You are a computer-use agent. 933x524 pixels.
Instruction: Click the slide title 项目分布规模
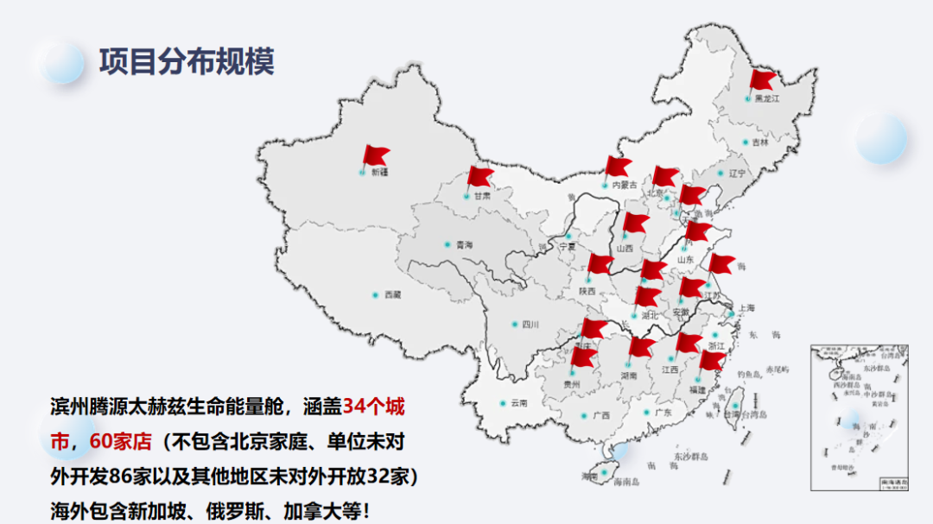(x=187, y=62)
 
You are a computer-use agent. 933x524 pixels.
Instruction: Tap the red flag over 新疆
(x=376, y=156)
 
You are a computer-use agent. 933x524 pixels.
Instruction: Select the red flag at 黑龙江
(x=763, y=79)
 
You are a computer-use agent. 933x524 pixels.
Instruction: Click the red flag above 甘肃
(x=479, y=177)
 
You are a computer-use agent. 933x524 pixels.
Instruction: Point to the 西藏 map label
(x=392, y=295)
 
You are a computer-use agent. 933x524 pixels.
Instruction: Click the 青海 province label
(x=464, y=245)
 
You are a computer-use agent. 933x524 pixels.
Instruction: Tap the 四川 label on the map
(x=530, y=325)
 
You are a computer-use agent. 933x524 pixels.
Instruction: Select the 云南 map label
(x=518, y=403)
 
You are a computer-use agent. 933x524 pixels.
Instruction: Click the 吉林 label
(x=759, y=142)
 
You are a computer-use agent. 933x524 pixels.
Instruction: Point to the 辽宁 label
(x=736, y=174)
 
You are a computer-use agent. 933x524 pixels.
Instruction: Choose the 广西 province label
(x=601, y=415)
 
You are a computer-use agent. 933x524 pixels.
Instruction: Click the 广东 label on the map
(x=663, y=413)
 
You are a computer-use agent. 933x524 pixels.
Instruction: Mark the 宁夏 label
(x=568, y=246)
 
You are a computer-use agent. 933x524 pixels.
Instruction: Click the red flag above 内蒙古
(x=619, y=166)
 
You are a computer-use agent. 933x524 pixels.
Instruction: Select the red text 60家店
(x=121, y=441)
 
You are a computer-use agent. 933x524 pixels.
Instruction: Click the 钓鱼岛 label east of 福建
(x=748, y=375)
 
